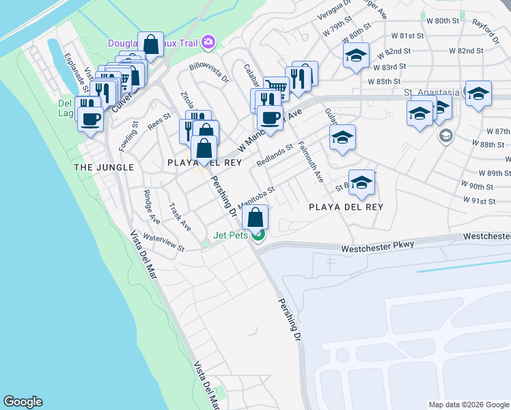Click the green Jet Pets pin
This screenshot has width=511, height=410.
point(258,236)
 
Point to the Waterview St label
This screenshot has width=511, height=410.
point(163,244)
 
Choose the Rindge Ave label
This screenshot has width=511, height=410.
point(152,206)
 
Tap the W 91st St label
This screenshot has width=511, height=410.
point(478,201)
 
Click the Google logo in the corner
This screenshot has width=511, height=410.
point(23,402)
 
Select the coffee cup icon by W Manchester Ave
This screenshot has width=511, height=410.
point(271,118)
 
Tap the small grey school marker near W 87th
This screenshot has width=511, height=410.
point(445,136)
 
